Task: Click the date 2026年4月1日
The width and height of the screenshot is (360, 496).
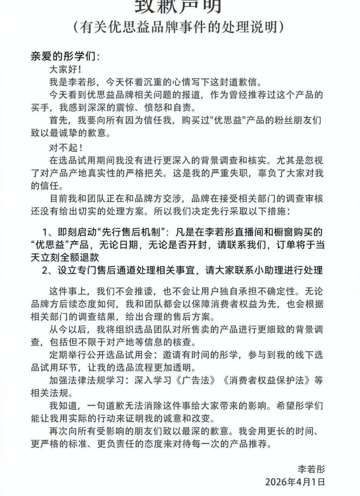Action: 295,481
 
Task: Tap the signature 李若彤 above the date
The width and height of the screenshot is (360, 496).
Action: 311,469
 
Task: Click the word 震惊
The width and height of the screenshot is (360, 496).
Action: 128,108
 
